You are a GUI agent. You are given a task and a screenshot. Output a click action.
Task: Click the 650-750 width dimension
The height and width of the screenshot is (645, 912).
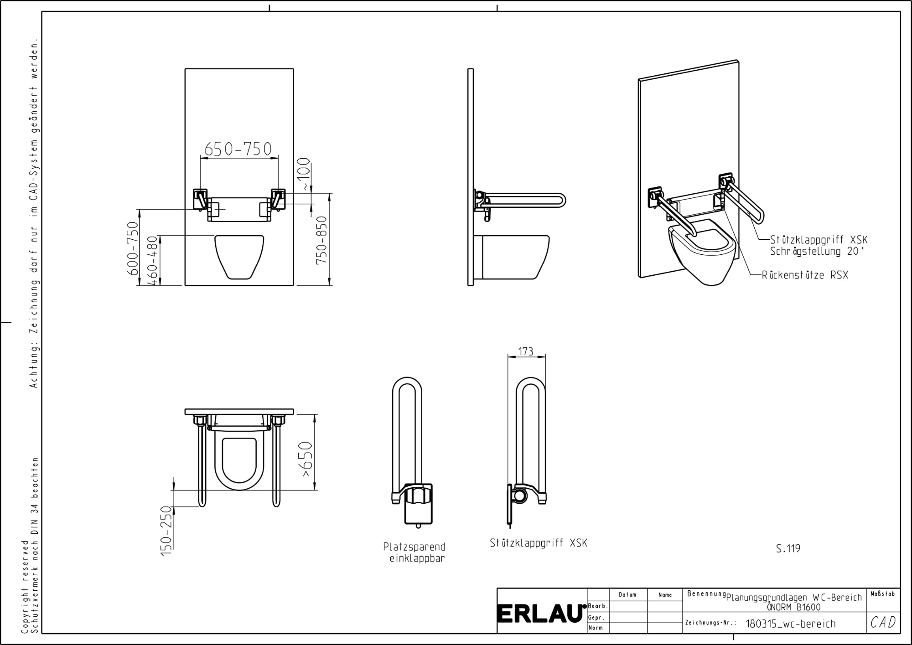tap(238, 149)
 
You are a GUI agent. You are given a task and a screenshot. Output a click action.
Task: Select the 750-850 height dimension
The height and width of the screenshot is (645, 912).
tap(322, 240)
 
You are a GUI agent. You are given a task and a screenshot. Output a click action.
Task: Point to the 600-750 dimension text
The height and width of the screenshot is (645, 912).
tap(132, 248)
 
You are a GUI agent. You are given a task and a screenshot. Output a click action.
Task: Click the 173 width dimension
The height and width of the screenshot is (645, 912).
tap(526, 351)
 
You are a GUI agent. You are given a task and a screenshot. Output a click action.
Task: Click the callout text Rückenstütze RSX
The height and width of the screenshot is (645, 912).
tap(805, 275)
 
